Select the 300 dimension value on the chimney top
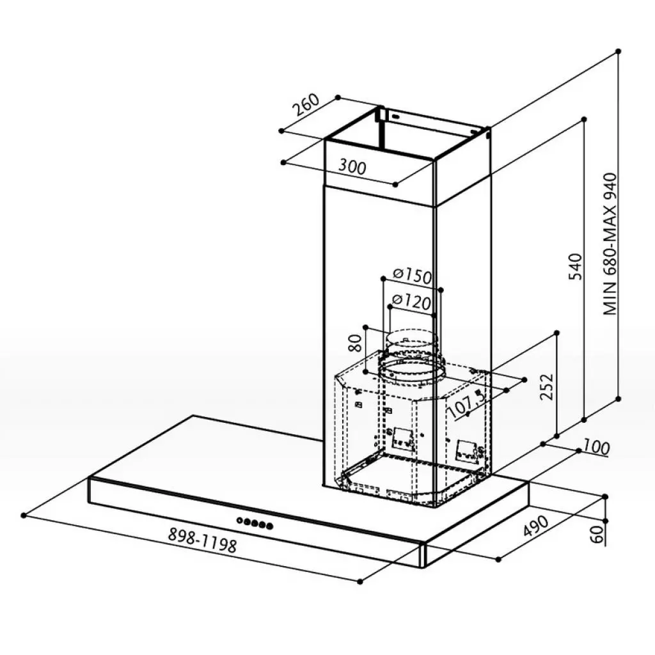pos(352,167)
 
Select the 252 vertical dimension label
pos(546,385)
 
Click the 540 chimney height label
pos(575,266)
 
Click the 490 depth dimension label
pos(536,525)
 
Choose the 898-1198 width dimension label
pos(203,541)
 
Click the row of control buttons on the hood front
pos(255,523)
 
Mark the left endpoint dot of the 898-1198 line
pos(24,514)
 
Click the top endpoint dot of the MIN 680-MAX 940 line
pos(619,51)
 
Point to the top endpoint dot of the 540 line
pos(585,119)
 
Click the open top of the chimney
pos(409,138)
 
